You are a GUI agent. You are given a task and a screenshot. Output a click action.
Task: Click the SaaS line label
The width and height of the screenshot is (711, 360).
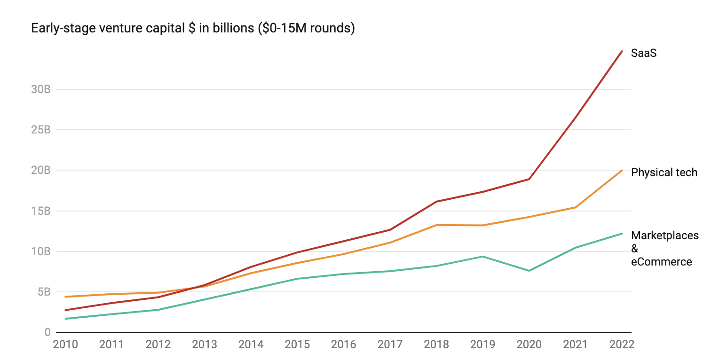tap(643, 53)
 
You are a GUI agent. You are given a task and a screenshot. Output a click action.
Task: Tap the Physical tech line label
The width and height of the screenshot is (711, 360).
tap(664, 172)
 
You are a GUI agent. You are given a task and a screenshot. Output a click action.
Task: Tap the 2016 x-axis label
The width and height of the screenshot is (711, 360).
tap(343, 344)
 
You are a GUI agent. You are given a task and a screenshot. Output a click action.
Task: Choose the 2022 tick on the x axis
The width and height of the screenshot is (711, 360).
tap(622, 344)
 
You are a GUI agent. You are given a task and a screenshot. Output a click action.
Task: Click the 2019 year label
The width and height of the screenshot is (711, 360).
tap(482, 344)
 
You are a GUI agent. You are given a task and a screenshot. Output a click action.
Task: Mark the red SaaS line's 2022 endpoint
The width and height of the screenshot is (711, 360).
tap(622, 51)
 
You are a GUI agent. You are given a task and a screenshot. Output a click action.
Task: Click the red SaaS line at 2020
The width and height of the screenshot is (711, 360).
tap(529, 179)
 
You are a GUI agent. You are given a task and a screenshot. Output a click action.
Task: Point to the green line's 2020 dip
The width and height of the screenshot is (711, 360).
tap(529, 271)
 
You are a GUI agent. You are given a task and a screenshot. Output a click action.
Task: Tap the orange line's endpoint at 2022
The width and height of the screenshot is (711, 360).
tap(622, 171)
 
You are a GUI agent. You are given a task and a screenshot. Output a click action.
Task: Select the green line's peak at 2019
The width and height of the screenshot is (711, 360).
tap(482, 257)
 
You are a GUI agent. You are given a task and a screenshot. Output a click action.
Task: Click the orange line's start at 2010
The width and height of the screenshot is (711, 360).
tap(65, 297)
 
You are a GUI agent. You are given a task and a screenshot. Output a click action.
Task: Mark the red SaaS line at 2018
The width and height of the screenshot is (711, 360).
tap(436, 202)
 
